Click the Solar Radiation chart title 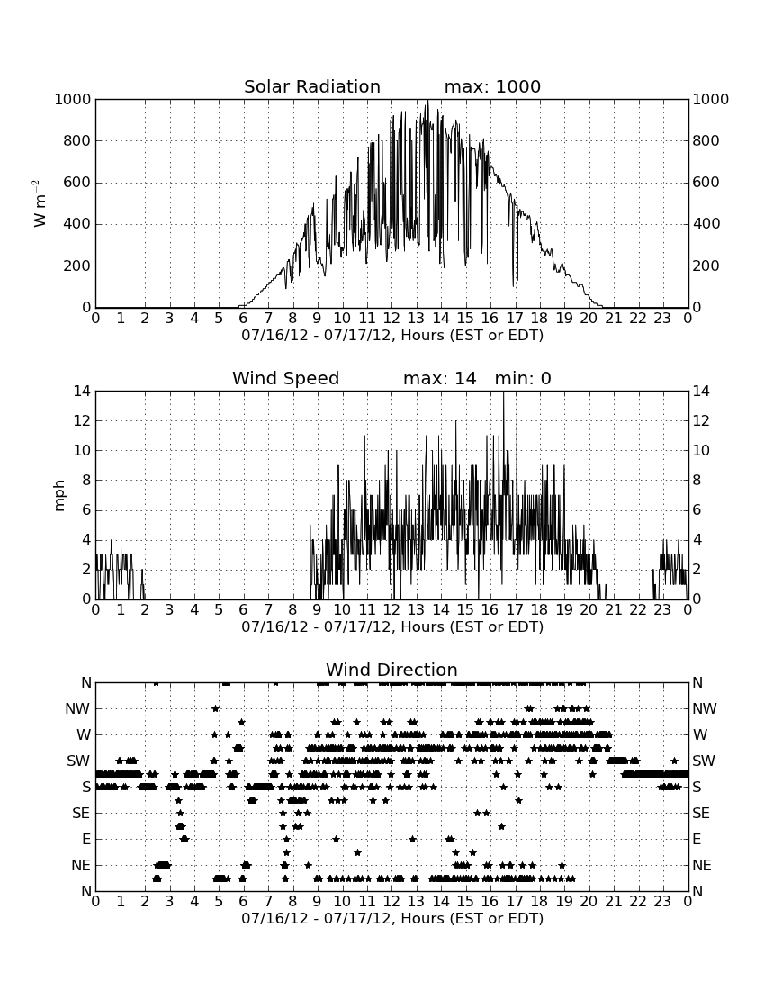point(311,86)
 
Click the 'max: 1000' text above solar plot point(492,86)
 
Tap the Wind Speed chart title point(285,378)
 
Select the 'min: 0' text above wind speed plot point(523,378)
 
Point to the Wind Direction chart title point(391,670)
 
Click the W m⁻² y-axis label point(39,203)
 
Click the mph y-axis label point(59,496)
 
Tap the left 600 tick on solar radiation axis point(77,183)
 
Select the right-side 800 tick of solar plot point(706,140)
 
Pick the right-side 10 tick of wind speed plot point(701,450)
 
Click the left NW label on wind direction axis point(77,708)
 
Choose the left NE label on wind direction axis point(81,865)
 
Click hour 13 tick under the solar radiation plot point(416,319)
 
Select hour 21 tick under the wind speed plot point(614,610)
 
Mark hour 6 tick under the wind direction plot point(244,902)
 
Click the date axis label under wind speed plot point(392,627)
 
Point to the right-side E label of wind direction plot point(697,839)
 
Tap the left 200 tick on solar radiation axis point(77,265)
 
